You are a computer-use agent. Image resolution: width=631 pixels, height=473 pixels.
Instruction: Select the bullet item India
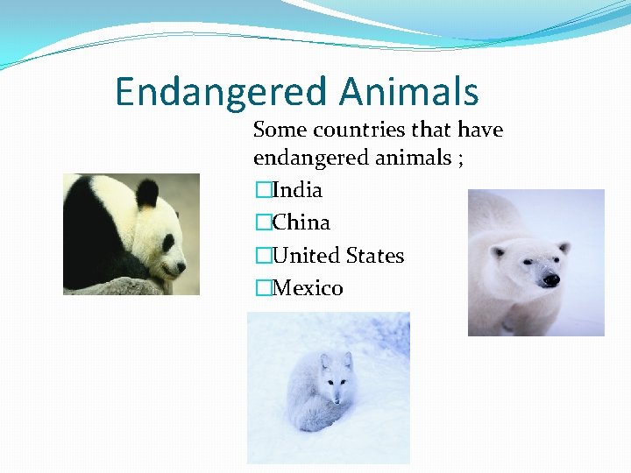click(297, 190)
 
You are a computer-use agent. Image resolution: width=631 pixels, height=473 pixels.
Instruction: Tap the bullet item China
click(301, 222)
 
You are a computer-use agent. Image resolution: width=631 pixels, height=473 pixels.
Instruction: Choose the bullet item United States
click(338, 256)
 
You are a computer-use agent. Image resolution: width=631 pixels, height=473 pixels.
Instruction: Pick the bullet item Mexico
click(308, 288)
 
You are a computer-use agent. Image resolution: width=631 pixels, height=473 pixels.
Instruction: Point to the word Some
click(280, 131)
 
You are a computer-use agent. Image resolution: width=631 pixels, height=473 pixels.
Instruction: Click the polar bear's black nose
click(550, 280)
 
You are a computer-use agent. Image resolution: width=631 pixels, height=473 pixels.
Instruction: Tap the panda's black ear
click(146, 192)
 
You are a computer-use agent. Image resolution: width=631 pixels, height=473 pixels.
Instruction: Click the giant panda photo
click(131, 234)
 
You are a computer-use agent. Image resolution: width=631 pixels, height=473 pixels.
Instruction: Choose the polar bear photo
click(535, 263)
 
